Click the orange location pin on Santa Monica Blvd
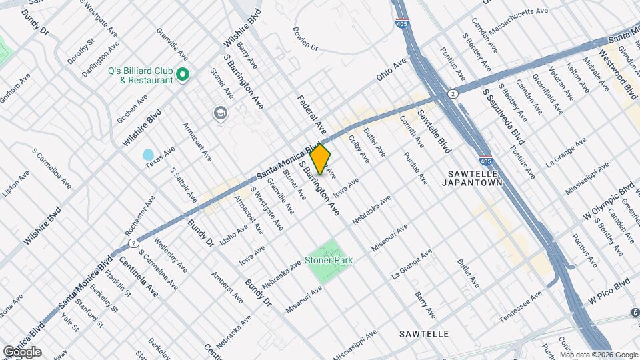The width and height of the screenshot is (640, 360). click(x=321, y=159)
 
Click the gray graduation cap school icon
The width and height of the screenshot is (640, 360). click(x=219, y=114)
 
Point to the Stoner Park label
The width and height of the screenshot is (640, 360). click(x=329, y=260)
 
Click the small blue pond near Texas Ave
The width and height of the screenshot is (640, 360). click(x=149, y=155)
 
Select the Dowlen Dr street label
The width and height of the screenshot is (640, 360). click(x=306, y=38)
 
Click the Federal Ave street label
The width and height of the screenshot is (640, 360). click(x=311, y=113)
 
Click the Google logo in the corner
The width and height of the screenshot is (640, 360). click(x=22, y=351)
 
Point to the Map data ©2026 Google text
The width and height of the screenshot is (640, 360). click(x=598, y=355)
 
